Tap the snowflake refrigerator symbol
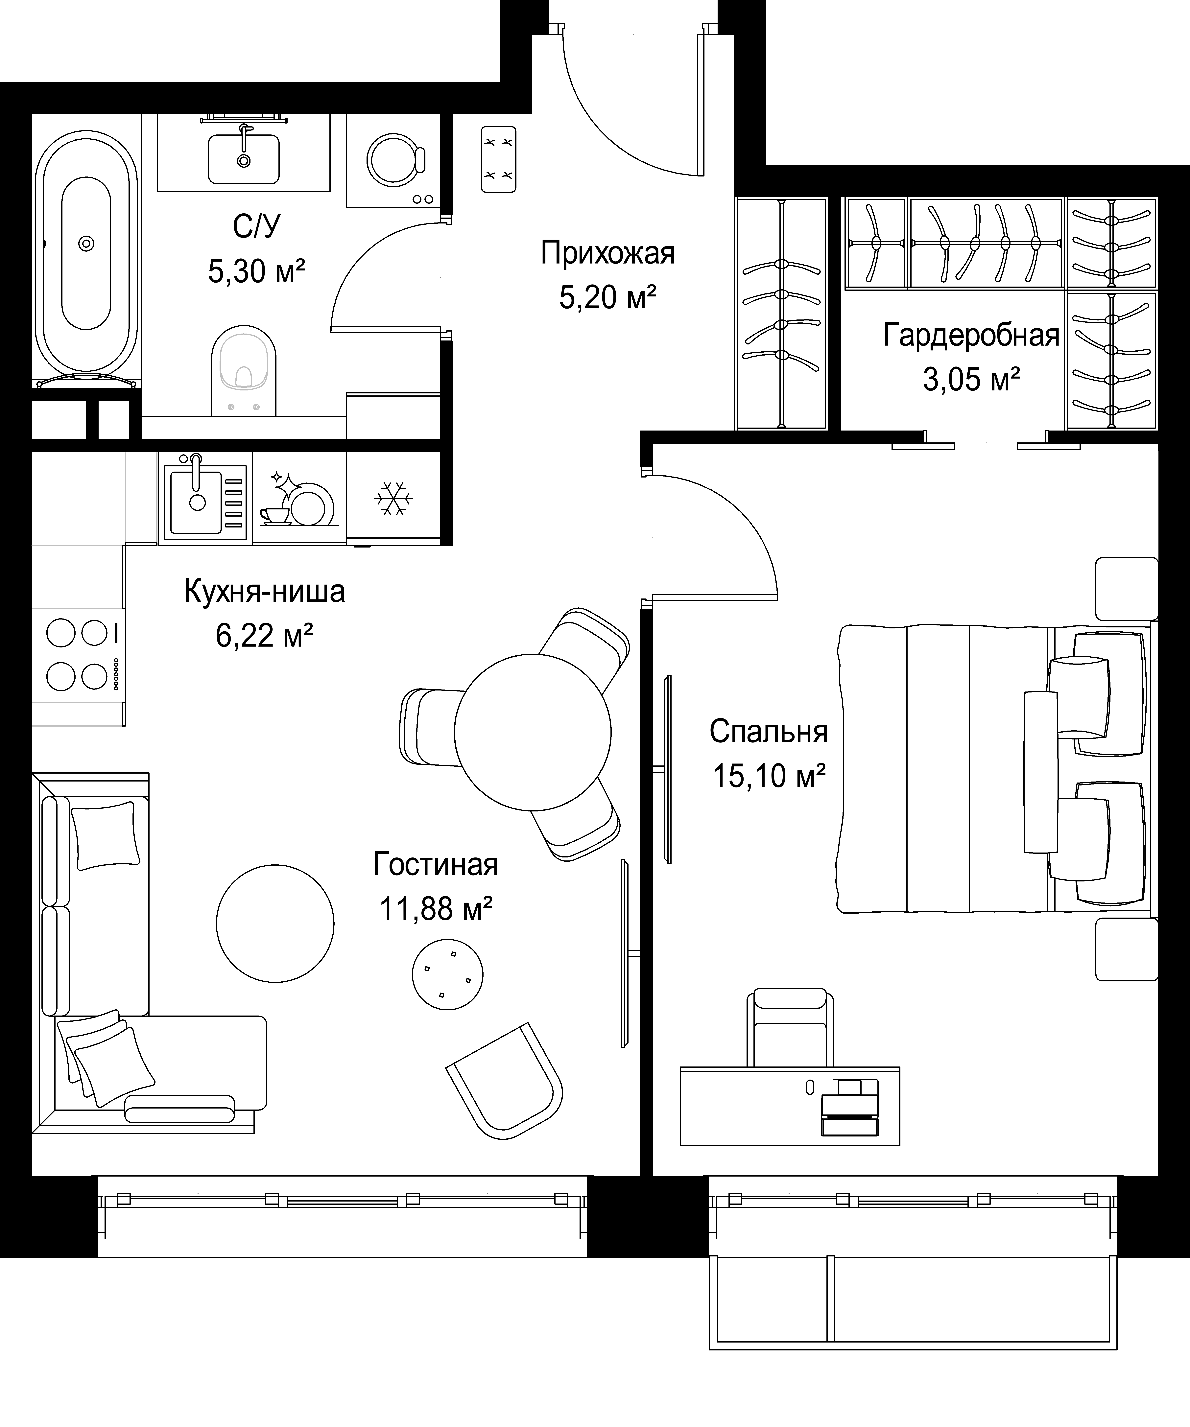tap(393, 499)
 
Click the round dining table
tap(532, 732)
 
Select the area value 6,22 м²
tap(264, 635)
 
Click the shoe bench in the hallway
tap(499, 159)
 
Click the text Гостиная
tap(436, 865)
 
